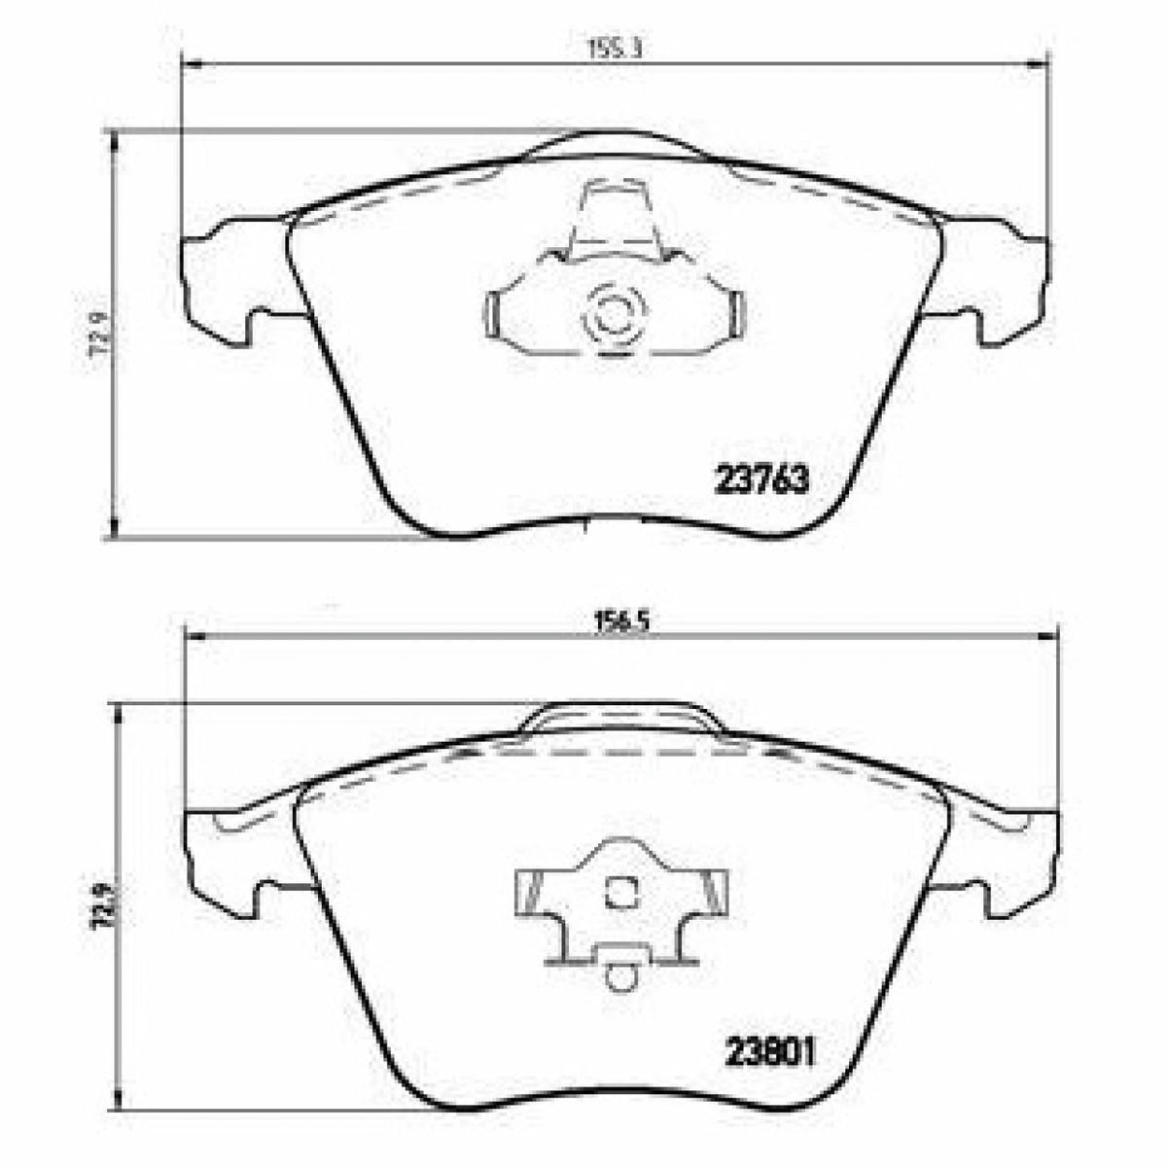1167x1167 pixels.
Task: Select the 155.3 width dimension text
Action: (616, 49)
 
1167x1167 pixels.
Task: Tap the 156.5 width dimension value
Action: (622, 622)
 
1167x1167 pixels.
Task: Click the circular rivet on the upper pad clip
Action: (613, 316)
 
